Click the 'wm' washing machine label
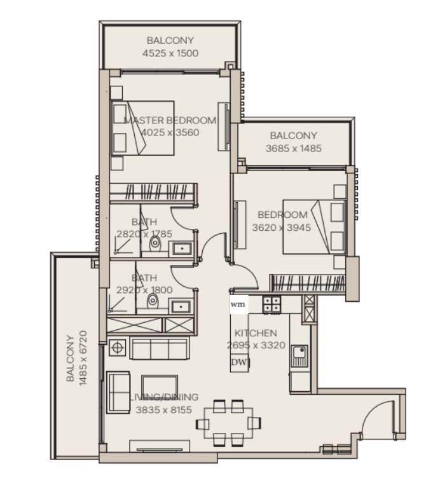238,304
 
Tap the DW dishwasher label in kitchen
239,362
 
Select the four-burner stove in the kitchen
271,304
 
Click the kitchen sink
299,356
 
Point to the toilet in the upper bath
155,243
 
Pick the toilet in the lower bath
153,301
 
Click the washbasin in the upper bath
182,249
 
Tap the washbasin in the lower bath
181,306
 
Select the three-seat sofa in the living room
160,348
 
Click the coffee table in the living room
160,386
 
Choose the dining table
228,423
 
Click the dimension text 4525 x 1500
170,53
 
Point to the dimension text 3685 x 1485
293,149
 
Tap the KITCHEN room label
256,333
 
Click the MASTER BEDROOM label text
170,120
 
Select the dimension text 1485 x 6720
83,358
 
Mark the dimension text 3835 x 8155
164,410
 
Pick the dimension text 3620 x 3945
282,228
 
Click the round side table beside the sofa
118,348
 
